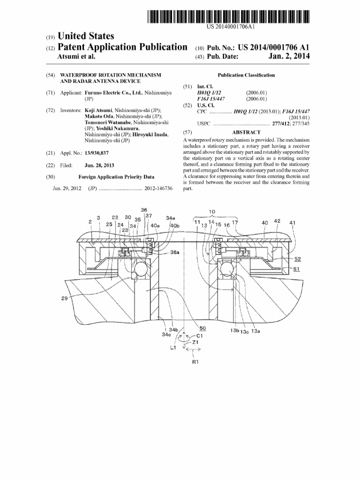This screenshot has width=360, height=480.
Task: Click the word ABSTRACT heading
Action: (x=246, y=133)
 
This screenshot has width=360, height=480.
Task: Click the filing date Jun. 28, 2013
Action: (x=99, y=165)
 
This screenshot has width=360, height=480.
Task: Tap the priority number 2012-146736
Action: (x=158, y=188)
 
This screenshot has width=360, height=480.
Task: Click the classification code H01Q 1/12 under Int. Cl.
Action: (x=209, y=93)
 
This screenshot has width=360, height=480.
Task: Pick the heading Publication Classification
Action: (x=246, y=75)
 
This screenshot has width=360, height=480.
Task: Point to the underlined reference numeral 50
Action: (x=202, y=329)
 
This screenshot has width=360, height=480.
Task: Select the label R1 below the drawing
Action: (x=195, y=362)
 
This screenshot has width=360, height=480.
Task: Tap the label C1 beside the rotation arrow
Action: (x=200, y=336)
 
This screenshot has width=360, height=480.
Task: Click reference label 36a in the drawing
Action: (x=174, y=252)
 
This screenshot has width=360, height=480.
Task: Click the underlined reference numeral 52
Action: (x=297, y=259)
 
